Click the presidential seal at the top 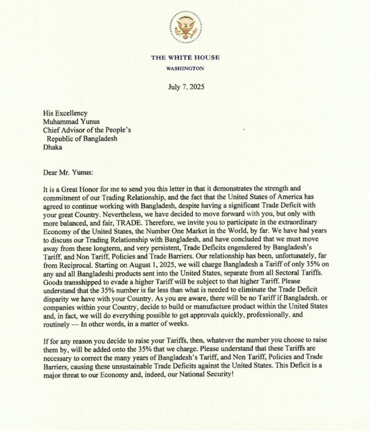click(185, 27)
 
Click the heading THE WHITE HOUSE click(185, 58)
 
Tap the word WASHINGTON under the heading click(185, 68)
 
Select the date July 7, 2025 click(186, 87)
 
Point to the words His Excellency click(65, 113)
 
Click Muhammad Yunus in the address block click(71, 122)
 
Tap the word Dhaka click(52, 147)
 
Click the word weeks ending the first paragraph click(180, 324)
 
